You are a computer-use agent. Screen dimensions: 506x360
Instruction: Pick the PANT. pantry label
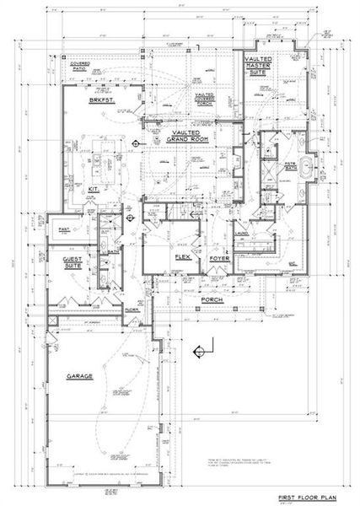[63, 229]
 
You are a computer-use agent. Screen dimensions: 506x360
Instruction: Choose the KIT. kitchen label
[94, 190]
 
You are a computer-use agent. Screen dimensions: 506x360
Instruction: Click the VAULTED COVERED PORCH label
[205, 102]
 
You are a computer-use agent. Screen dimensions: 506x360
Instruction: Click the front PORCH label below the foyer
[210, 299]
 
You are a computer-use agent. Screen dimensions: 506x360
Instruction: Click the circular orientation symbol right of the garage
[199, 349]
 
